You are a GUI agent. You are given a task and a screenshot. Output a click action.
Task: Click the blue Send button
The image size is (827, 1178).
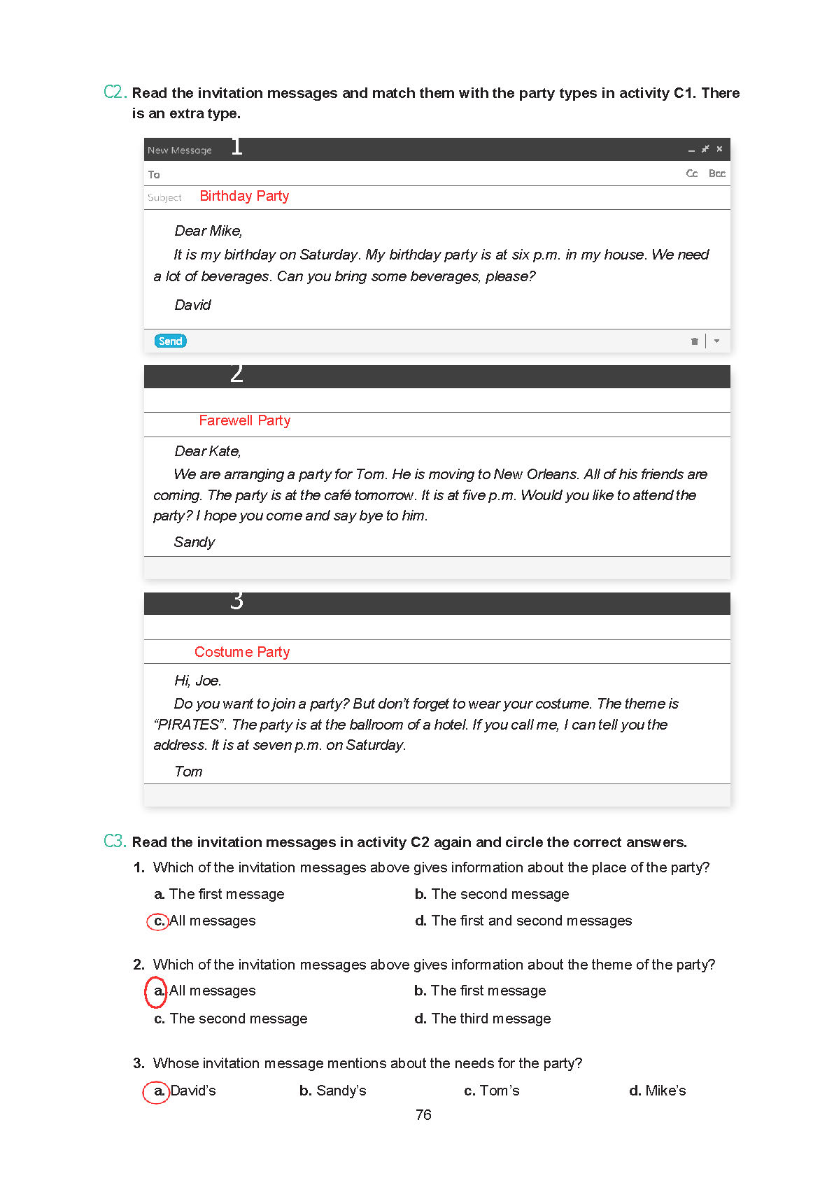pyautogui.click(x=170, y=341)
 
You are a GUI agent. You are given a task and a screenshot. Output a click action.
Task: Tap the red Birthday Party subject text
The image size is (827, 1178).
pyautogui.click(x=244, y=197)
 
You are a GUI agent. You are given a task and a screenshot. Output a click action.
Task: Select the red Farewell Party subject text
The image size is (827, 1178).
pyautogui.click(x=244, y=420)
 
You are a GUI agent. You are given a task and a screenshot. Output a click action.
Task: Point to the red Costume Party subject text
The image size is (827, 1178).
pyautogui.click(x=242, y=652)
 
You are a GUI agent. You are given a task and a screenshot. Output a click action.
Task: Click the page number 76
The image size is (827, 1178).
pyautogui.click(x=423, y=1115)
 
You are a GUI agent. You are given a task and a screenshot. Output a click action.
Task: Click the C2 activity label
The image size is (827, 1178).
pyautogui.click(x=115, y=92)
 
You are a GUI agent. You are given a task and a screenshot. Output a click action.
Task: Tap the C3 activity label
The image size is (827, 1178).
pyautogui.click(x=115, y=841)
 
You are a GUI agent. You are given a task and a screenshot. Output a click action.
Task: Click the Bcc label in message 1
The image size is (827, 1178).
pyautogui.click(x=716, y=173)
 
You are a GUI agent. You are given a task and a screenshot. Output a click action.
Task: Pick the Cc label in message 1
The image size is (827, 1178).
pyautogui.click(x=691, y=173)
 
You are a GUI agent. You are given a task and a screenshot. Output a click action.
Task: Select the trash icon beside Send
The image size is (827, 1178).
pyautogui.click(x=694, y=341)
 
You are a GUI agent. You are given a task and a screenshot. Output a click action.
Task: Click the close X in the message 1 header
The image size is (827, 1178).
pyautogui.click(x=719, y=149)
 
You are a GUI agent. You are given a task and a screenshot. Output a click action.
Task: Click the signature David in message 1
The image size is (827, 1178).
pyautogui.click(x=192, y=305)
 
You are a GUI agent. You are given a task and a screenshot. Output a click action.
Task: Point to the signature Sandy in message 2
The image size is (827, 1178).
pyautogui.click(x=194, y=542)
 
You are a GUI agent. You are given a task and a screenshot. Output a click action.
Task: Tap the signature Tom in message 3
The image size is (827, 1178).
pyautogui.click(x=188, y=772)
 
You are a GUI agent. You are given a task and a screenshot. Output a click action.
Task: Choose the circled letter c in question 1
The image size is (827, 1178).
pyautogui.click(x=159, y=921)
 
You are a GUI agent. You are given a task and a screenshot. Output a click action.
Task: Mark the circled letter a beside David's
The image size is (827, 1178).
pyautogui.click(x=158, y=1091)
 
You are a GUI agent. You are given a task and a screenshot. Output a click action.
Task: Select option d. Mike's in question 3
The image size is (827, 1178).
pyautogui.click(x=657, y=1091)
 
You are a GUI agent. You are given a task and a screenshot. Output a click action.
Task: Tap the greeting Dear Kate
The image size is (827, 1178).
pyautogui.click(x=207, y=451)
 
